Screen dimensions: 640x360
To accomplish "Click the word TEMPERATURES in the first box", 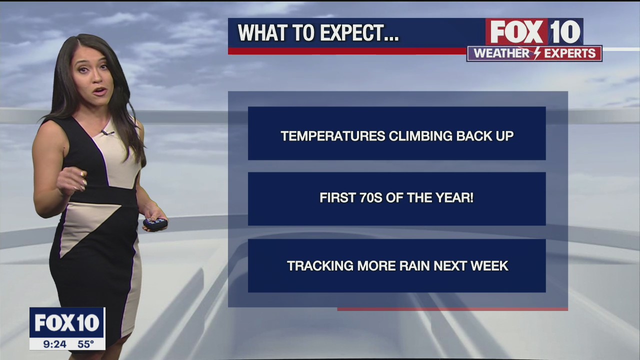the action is pyautogui.click(x=333, y=135).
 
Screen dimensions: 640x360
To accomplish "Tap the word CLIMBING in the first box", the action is pyautogui.click(x=421, y=135).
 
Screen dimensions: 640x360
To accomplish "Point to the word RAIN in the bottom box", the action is pyautogui.click(x=414, y=265).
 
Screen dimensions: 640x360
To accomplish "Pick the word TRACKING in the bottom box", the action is pyautogui.click(x=320, y=265).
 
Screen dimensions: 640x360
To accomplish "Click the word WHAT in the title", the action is pyautogui.click(x=263, y=33).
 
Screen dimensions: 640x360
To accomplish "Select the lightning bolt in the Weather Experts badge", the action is pyautogui.click(x=537, y=53).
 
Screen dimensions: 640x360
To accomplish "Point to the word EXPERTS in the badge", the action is pyautogui.click(x=570, y=53).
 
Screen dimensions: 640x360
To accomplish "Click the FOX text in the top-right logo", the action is pyautogui.click(x=516, y=31).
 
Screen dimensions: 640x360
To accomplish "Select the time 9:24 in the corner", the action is pyautogui.click(x=54, y=344).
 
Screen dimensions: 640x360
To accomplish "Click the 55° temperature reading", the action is pyautogui.click(x=85, y=344).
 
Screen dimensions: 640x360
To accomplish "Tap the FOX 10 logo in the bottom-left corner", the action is pyautogui.click(x=67, y=323).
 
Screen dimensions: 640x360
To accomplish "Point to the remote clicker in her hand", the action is pyautogui.click(x=155, y=223).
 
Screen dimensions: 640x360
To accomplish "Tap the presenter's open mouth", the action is pyautogui.click(x=101, y=91).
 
